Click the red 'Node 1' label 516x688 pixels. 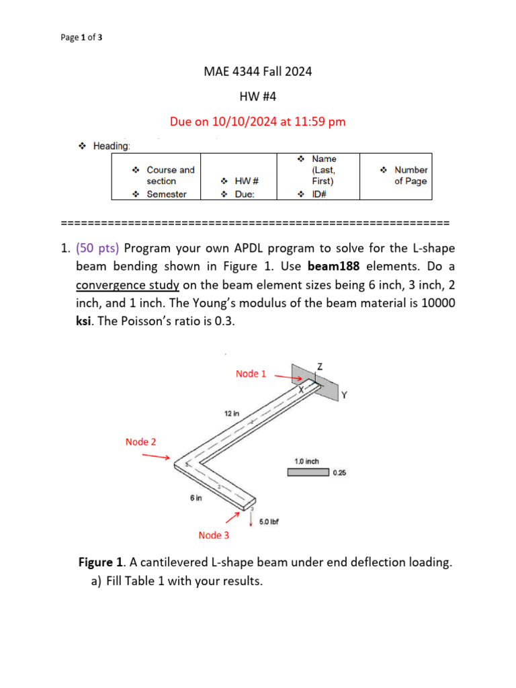tap(251, 374)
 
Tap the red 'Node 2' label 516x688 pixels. tap(140, 441)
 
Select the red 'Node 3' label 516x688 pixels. tap(214, 535)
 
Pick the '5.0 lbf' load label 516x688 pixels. tap(269, 521)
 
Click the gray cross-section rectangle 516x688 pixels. tap(308, 472)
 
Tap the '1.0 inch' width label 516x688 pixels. tap(306, 462)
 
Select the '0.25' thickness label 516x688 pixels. tap(341, 473)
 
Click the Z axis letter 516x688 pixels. tap(319, 366)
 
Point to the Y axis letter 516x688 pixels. tap(343, 395)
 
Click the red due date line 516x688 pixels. tap(258, 122)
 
